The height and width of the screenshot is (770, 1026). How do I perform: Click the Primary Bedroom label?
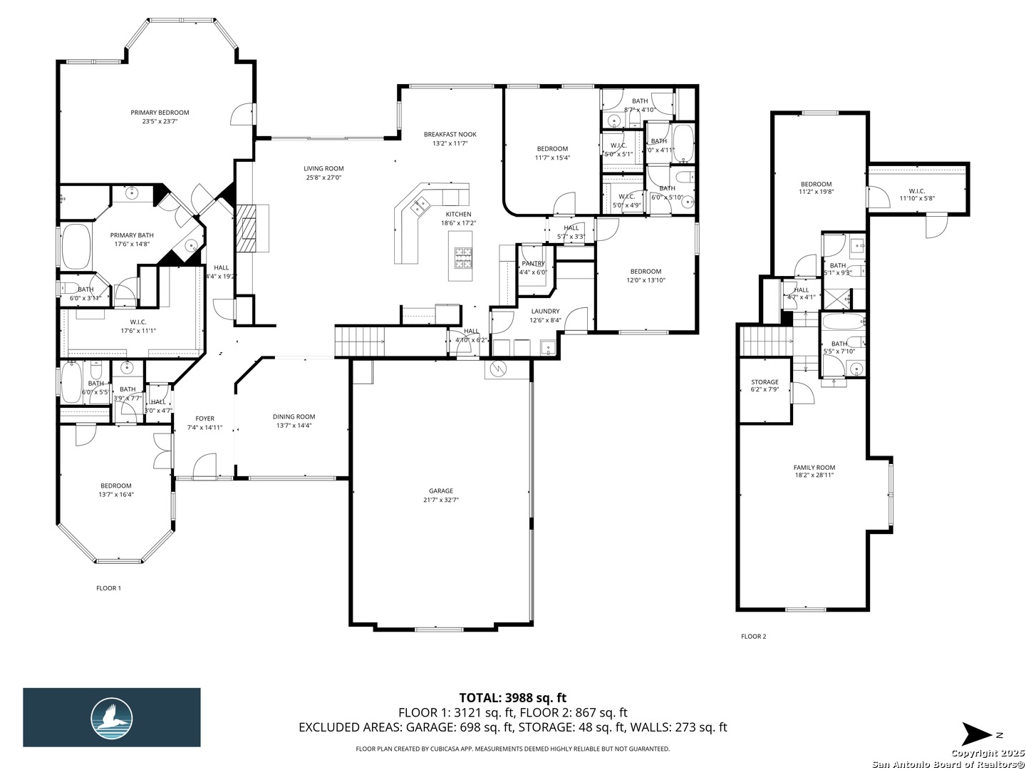(x=160, y=113)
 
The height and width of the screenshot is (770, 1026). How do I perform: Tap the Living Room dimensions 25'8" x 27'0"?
(x=323, y=178)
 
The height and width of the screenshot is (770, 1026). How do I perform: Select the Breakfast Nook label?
(x=450, y=134)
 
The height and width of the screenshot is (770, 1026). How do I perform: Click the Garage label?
(x=441, y=491)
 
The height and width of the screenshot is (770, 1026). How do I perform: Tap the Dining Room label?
(x=294, y=417)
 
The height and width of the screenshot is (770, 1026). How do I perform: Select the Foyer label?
(x=204, y=419)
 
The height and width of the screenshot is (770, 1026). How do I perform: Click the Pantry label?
(x=533, y=264)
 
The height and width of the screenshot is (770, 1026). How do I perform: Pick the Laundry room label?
(x=546, y=311)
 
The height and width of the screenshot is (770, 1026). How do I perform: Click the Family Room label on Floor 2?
(x=814, y=468)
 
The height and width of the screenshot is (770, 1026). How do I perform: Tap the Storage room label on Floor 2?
(x=765, y=382)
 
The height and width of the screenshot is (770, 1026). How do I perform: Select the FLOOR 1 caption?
(x=108, y=588)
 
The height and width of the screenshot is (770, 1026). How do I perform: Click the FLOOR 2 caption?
(x=753, y=637)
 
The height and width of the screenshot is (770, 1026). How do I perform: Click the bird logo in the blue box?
(x=112, y=717)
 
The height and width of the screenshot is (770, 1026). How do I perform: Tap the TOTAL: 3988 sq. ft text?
(x=512, y=697)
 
